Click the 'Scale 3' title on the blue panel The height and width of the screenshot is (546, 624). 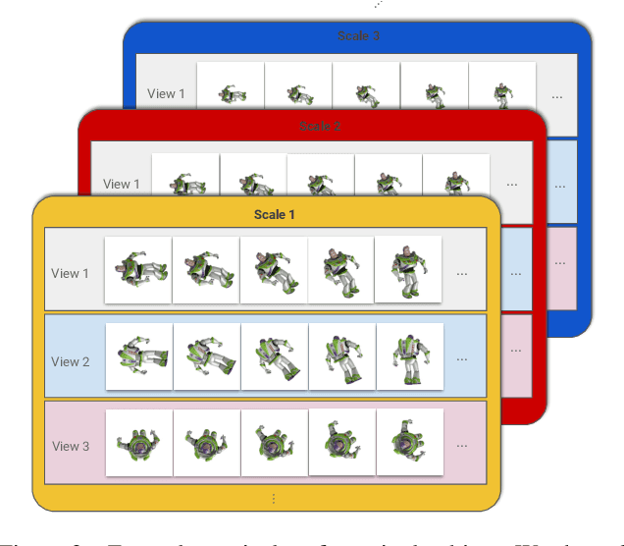coord(357,36)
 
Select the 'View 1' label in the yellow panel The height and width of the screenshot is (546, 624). coord(71,273)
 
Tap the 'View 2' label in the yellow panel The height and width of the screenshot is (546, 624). coord(71,361)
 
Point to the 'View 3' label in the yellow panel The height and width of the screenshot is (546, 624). coord(71,446)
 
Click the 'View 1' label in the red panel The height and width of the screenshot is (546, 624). coord(122,184)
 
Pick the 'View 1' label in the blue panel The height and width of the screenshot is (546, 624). coord(166,94)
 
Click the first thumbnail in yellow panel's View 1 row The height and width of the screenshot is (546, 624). coord(138,269)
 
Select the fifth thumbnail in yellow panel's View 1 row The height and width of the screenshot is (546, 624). coord(408,269)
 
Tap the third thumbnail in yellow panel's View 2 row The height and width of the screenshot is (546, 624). coord(274,356)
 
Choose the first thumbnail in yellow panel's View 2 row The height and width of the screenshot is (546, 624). coord(138,356)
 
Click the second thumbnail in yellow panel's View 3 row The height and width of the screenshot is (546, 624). coord(206,443)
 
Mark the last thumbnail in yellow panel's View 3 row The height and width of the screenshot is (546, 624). coord(409,443)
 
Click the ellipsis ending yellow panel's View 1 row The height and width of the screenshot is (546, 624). coord(462,273)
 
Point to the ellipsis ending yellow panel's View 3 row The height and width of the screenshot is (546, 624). coord(462,446)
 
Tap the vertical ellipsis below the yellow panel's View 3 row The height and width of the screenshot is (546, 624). coord(273,499)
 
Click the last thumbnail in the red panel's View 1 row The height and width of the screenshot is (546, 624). coord(455,181)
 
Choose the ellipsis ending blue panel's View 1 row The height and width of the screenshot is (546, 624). coord(557,96)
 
